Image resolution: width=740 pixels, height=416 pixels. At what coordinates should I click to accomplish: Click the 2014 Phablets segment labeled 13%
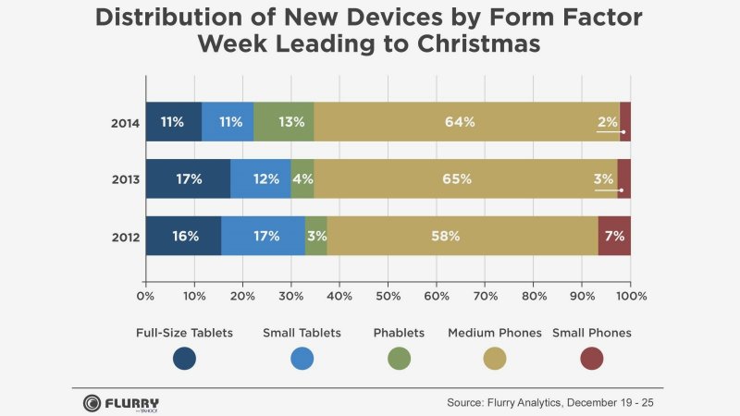pos(284,122)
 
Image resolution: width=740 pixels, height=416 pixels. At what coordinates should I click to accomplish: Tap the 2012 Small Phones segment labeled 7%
pos(614,236)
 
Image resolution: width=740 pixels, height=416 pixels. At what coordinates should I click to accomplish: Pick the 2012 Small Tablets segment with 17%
pos(264,236)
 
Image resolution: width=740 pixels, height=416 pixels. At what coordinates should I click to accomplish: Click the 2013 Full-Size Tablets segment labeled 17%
pos(188,179)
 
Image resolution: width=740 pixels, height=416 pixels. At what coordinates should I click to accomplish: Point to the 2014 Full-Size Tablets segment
pos(173,122)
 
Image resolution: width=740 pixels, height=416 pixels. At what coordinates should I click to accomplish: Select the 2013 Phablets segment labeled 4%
pos(302,179)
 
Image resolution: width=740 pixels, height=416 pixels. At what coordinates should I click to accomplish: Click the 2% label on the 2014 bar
pos(608,122)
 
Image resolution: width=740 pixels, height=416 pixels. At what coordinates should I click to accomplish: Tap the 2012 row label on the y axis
pos(125,237)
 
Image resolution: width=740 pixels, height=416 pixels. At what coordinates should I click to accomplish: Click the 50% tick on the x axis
pos(388,297)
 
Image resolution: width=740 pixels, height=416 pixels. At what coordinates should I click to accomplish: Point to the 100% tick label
pos(630,297)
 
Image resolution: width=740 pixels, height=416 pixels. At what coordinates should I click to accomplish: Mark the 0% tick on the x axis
pos(145,297)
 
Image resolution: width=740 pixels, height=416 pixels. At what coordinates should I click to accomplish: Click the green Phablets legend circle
pos(398,358)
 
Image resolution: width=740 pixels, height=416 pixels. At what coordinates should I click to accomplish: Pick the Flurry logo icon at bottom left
pos(92,403)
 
